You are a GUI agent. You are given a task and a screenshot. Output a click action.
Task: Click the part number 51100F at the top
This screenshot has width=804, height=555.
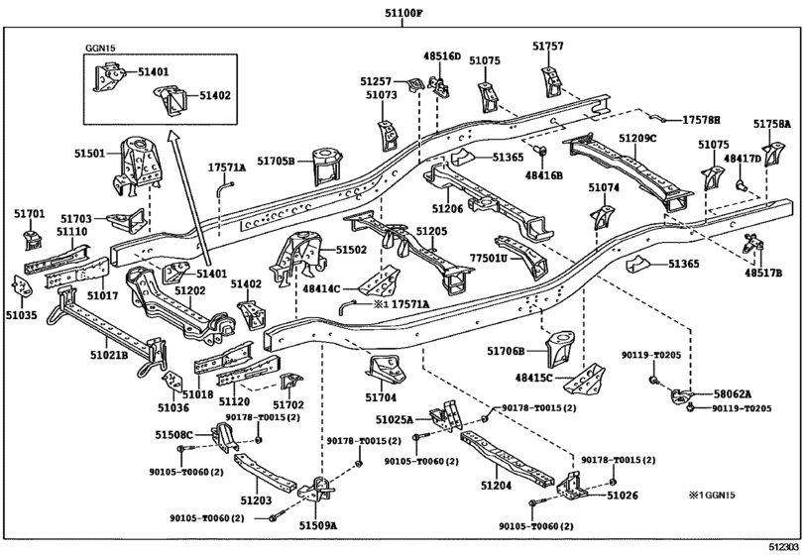tap(402, 13)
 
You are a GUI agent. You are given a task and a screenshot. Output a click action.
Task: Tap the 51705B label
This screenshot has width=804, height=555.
tap(277, 162)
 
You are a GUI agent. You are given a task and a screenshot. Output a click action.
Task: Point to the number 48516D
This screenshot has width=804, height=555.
tap(442, 57)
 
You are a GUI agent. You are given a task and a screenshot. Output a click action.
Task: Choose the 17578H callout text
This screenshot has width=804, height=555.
tap(700, 120)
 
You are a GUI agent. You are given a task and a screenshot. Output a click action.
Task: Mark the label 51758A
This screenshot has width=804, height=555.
tap(771, 124)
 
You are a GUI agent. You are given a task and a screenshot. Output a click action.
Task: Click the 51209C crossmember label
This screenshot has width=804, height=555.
tap(638, 138)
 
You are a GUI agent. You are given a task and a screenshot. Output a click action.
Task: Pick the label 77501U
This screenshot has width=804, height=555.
tap(488, 258)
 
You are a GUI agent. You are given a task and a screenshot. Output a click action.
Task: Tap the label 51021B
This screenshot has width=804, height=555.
tap(109, 354)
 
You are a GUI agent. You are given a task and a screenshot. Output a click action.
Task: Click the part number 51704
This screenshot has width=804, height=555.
tap(380, 397)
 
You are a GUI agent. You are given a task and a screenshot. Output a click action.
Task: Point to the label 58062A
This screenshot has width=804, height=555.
tap(733, 393)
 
